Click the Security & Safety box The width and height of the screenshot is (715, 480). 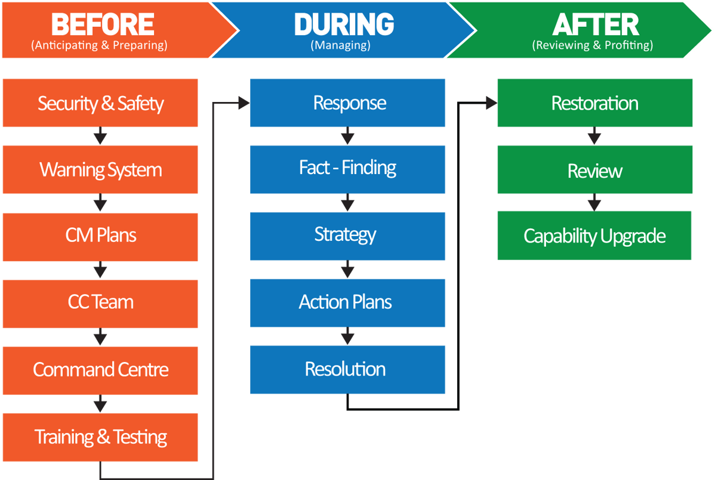click(x=100, y=103)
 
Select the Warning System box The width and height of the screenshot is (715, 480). click(x=100, y=170)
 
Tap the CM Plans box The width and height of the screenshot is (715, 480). click(x=100, y=236)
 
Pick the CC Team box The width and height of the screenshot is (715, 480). click(x=100, y=303)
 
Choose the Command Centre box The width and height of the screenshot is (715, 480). click(x=100, y=370)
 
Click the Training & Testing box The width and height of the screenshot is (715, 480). click(x=100, y=437)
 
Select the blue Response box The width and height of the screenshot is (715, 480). click(x=348, y=103)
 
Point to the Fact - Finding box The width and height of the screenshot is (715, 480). click(x=348, y=169)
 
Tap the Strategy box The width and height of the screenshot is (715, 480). click(x=348, y=236)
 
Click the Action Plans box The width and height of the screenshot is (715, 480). click(x=348, y=302)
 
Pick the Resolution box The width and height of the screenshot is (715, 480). click(x=348, y=370)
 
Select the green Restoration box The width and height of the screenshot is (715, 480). click(x=595, y=103)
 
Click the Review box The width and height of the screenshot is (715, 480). click(x=595, y=171)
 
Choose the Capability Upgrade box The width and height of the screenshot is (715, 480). click(x=594, y=236)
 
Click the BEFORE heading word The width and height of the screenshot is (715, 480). click(x=103, y=24)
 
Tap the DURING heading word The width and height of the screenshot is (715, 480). click(x=344, y=24)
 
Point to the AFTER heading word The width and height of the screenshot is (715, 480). click(x=595, y=24)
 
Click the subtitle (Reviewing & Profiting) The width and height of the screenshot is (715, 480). click(x=592, y=45)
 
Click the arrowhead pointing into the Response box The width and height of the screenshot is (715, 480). click(x=244, y=103)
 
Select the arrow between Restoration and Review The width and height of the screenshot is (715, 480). click(x=594, y=136)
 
